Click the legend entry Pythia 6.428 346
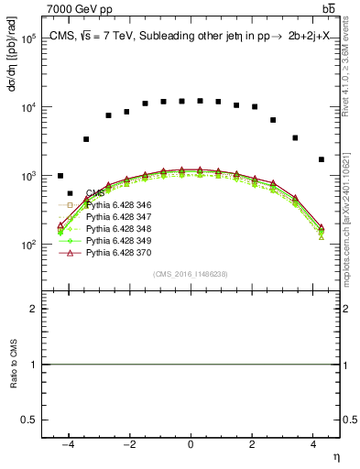[x=115, y=204]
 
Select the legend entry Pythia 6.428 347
[x=115, y=215]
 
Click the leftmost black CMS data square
[x=60, y=176]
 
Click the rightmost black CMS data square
[x=321, y=159]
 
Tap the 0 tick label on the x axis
[x=191, y=445]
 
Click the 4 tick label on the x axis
[x=313, y=445]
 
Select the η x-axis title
[x=335, y=456]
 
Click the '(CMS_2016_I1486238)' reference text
[x=191, y=274]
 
